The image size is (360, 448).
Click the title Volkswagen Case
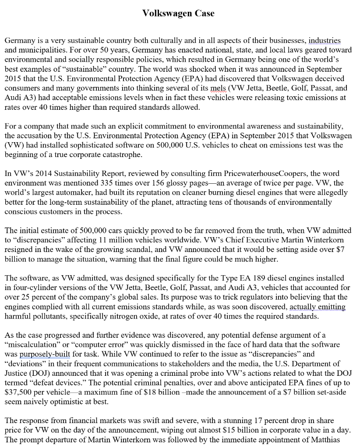pos(178,14)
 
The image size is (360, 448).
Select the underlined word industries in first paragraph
pos(325,41)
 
